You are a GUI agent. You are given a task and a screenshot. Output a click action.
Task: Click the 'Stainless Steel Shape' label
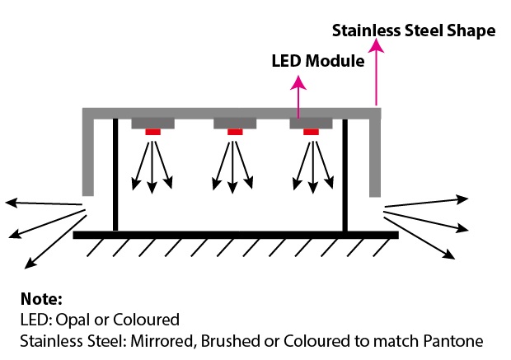coord(413,31)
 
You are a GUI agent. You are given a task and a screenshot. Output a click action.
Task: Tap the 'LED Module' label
coord(318,61)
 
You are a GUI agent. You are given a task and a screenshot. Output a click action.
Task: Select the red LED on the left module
coord(152,132)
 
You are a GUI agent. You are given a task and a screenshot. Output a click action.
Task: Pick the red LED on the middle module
coord(235,132)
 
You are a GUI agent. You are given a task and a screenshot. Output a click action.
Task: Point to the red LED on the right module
coord(311,132)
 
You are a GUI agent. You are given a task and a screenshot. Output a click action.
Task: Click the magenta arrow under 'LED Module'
coord(299,95)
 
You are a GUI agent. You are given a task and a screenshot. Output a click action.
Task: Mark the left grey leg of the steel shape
coord(88,157)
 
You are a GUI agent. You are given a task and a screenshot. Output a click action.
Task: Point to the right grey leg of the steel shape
coord(374,157)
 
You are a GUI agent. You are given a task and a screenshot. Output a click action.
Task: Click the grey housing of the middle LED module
coord(235,123)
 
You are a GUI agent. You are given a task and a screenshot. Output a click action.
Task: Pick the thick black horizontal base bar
coord(235,235)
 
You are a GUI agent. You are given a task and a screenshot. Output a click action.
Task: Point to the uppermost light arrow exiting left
coord(41,203)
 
